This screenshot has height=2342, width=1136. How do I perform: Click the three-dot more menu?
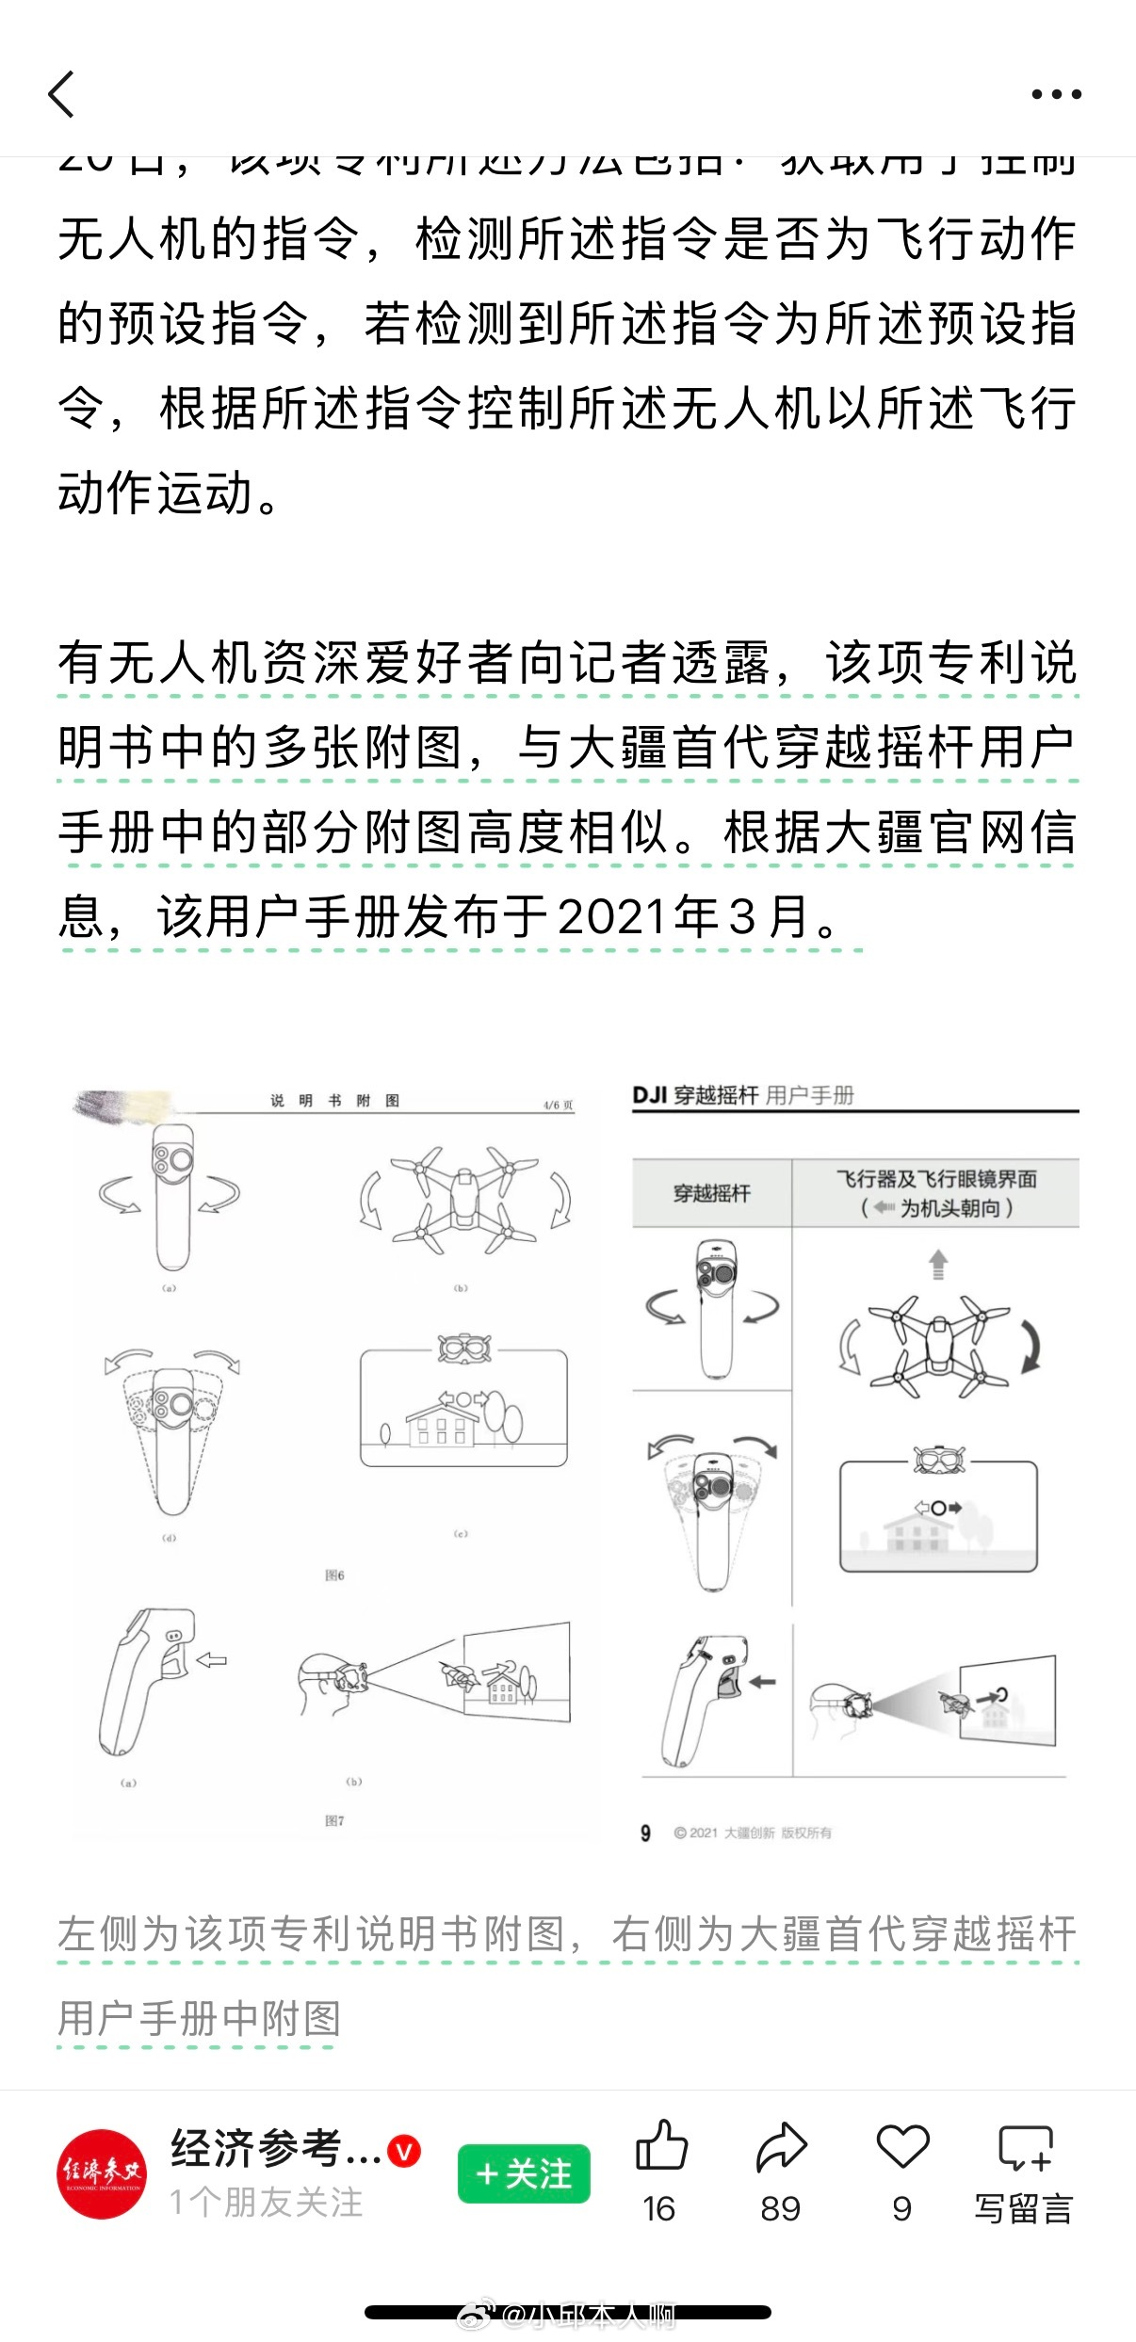(1056, 94)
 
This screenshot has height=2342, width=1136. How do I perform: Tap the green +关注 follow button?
(524, 2173)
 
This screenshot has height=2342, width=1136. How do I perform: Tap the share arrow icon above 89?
(782, 2147)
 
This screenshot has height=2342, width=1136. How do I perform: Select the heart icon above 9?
(902, 2147)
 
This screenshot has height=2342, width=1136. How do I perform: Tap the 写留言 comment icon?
(1024, 2148)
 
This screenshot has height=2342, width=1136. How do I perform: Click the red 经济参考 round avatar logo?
(102, 2173)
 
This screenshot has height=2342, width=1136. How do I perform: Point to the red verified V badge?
(405, 2151)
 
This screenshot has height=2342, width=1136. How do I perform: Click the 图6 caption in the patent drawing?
(334, 1575)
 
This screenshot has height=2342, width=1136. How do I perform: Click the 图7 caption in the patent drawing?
(334, 1821)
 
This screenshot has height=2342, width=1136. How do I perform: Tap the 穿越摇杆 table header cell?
(712, 1193)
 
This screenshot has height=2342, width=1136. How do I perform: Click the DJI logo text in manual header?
(649, 1095)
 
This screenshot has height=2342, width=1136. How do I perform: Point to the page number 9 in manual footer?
(645, 1833)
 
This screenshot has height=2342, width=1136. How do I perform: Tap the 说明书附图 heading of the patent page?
(334, 1101)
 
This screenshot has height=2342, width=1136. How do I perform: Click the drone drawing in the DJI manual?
(939, 1347)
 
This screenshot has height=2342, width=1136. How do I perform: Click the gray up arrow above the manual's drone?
(938, 1264)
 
